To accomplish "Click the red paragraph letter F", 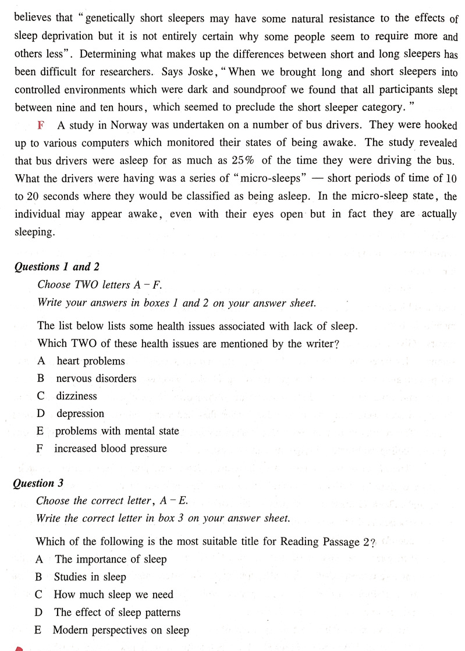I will pyautogui.click(x=41, y=126).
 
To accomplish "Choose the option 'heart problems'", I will pyautogui.click(x=90, y=361).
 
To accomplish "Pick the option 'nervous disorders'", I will pyautogui.click(x=96, y=378).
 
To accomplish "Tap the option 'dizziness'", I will pyautogui.click(x=76, y=396).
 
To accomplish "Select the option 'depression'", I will pyautogui.click(x=80, y=413).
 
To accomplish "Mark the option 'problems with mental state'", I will pyautogui.click(x=117, y=431).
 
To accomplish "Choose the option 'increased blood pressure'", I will pyautogui.click(x=110, y=449).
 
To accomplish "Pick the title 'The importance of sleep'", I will pyautogui.click(x=111, y=560).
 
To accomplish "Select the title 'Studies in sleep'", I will pyautogui.click(x=90, y=577).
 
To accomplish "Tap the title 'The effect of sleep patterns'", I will pyautogui.click(x=117, y=613).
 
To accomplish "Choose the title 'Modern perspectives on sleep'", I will pyautogui.click(x=120, y=630).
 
